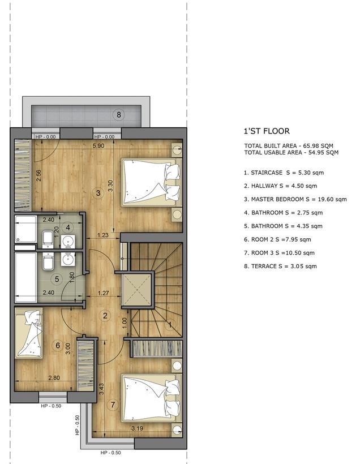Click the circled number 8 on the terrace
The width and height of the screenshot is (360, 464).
[119, 114]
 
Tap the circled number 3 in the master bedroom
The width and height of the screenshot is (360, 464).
[98, 193]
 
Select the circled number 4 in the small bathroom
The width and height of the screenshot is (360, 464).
[68, 227]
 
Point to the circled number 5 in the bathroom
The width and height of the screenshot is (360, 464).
[57, 279]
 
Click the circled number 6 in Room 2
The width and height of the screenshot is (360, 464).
[58, 345]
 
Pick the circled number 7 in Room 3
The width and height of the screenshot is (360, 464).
[113, 405]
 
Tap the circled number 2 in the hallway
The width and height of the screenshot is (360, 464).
[105, 316]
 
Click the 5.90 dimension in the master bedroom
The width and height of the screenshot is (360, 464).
[98, 145]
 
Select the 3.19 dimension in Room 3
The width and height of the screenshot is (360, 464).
[137, 428]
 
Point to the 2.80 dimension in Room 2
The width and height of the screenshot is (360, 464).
[54, 377]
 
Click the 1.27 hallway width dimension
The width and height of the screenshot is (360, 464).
[104, 293]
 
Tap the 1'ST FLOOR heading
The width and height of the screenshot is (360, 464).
[267, 131]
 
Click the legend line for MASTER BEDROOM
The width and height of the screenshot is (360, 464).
[295, 199]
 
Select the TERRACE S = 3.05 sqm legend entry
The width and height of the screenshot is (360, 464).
[280, 267]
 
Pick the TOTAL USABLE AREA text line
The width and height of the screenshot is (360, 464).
[292, 153]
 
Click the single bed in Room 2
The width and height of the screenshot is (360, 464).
[29, 333]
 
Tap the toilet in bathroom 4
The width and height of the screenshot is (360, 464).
[48, 239]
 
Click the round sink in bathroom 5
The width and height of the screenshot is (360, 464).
[68, 260]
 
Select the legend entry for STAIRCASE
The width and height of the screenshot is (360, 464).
[284, 173]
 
